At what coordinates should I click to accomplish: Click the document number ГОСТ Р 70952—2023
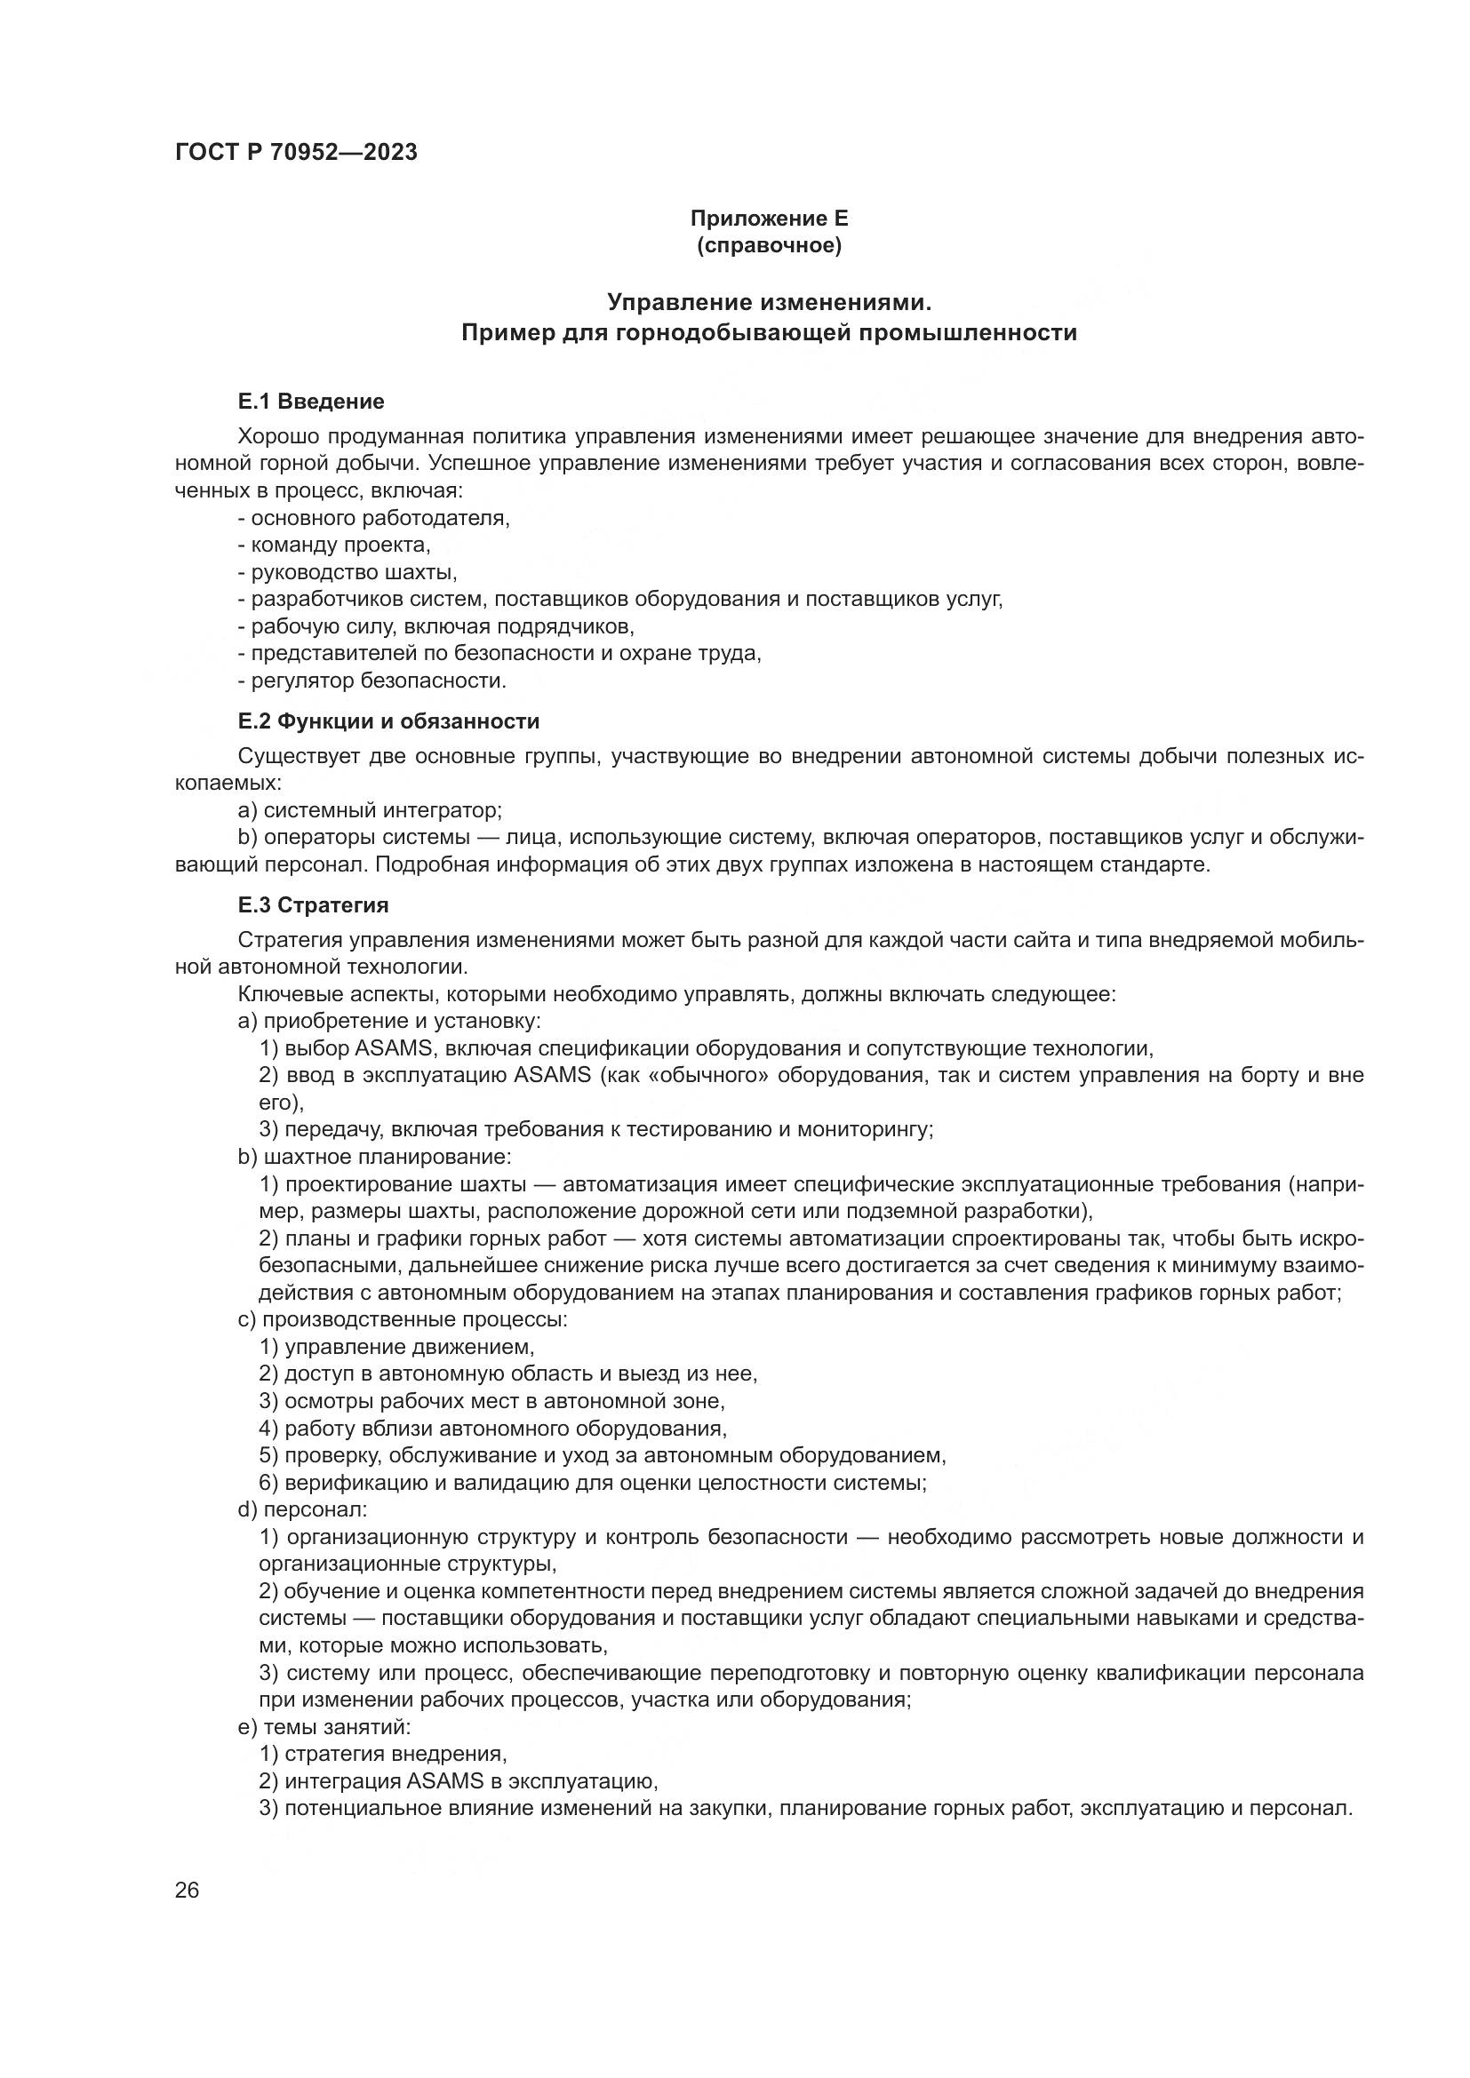pyautogui.click(x=296, y=152)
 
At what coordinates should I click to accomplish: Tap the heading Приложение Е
pyautogui.click(x=769, y=219)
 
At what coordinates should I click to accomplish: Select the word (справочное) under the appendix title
pyautogui.click(x=769, y=245)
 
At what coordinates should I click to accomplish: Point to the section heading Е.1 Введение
pyautogui.click(x=310, y=401)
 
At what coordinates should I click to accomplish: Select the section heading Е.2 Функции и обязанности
pyautogui.click(x=388, y=721)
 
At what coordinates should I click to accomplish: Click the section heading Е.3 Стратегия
pyautogui.click(x=313, y=905)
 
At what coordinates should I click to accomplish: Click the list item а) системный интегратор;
pyautogui.click(x=370, y=810)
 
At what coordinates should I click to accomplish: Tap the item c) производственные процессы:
pyautogui.click(x=402, y=1319)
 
